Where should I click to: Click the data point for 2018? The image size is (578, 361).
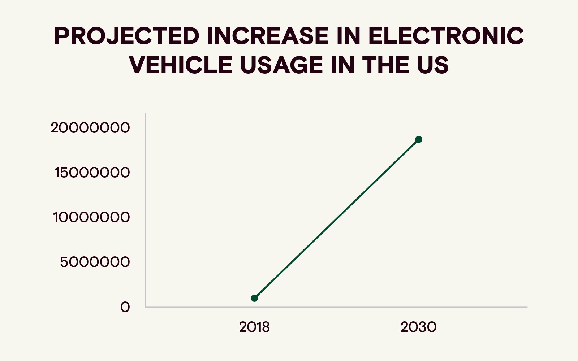[x=254, y=298]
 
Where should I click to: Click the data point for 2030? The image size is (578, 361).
[x=418, y=139]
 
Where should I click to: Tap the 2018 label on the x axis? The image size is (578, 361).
[x=254, y=327]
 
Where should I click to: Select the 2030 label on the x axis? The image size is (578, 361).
[x=418, y=327]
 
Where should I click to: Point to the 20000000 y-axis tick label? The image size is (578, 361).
[x=90, y=128]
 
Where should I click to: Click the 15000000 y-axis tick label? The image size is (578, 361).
[x=92, y=173]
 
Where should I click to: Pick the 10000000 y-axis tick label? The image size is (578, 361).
[x=91, y=217]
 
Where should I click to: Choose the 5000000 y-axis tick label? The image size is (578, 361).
[x=95, y=262]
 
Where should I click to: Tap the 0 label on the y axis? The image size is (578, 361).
[x=125, y=307]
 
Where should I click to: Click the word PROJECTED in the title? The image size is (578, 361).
[x=126, y=36]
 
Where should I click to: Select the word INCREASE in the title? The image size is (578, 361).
[x=268, y=36]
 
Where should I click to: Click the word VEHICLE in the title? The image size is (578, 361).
[x=180, y=65]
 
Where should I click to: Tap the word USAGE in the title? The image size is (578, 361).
[x=281, y=65]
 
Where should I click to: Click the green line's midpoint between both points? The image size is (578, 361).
[x=336, y=219]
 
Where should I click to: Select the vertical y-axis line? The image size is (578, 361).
[x=146, y=209]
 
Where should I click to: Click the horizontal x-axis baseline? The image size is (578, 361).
[x=336, y=307]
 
